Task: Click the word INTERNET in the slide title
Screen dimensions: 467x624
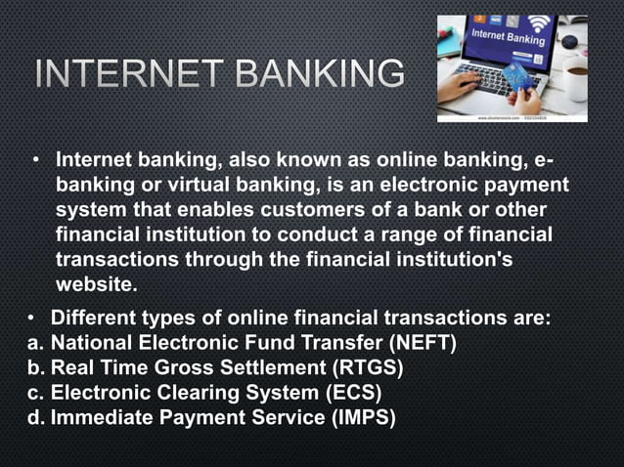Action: [123, 73]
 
